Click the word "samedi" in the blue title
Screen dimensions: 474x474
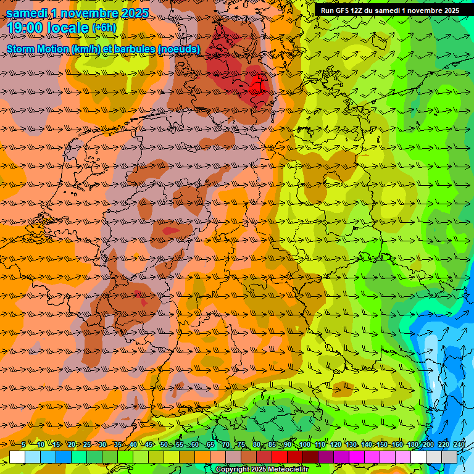click(27, 13)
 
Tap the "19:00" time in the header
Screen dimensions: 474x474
click(25, 28)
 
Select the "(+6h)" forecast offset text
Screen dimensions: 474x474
click(104, 28)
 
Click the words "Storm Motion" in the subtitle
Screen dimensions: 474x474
click(38, 49)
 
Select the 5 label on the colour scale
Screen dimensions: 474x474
click(23, 444)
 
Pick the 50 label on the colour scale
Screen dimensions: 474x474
click(164, 444)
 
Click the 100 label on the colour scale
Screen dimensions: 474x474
click(304, 444)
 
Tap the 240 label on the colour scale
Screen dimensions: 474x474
click(459, 444)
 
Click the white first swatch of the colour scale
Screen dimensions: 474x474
click(17, 457)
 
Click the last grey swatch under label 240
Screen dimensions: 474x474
click(449, 457)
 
